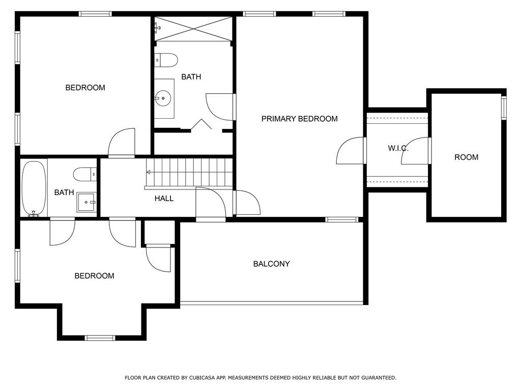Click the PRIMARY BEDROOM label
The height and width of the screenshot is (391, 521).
299,119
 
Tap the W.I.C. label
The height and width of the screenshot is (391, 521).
398,148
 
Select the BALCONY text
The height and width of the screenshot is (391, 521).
271,264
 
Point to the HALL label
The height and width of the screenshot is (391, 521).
164,199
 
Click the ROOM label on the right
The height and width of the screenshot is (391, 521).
466,157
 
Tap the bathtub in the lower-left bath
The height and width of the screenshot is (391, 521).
34,188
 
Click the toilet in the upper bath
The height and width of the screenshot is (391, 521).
166,60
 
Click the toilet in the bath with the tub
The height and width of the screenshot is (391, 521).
85,175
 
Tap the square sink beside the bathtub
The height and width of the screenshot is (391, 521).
86,202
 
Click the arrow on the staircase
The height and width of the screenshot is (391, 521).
149,173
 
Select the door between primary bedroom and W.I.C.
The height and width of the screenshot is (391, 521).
351,151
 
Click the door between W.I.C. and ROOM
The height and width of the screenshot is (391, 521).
416,151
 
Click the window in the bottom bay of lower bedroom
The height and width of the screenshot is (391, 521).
100,338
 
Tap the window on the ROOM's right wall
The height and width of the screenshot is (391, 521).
504,108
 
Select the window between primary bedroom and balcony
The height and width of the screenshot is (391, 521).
342,220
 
